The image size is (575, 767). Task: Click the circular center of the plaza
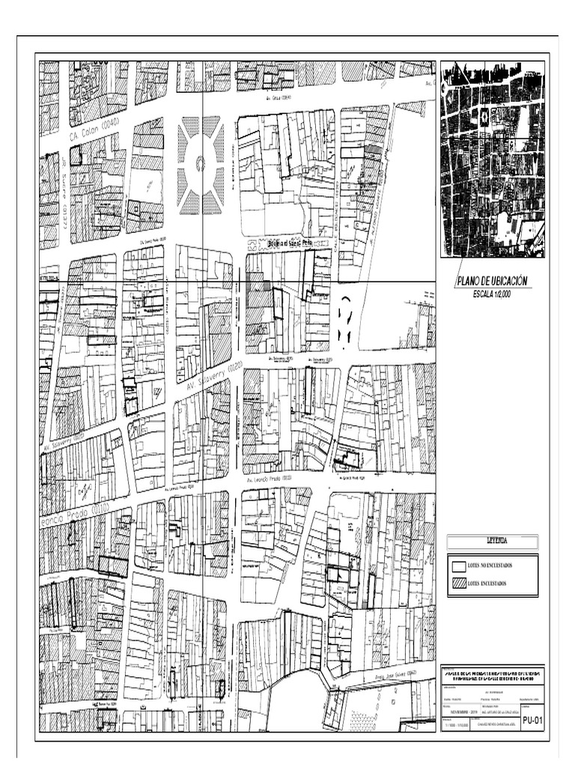[200, 163]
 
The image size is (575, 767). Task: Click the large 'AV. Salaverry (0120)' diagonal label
[213, 375]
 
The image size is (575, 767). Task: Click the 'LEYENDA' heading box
[492, 540]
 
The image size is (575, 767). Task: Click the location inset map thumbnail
[493, 159]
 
